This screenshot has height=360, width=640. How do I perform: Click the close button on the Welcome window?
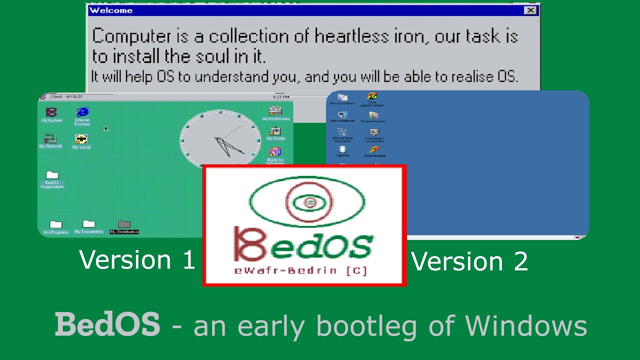point(530,10)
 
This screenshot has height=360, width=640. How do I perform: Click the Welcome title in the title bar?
point(110,10)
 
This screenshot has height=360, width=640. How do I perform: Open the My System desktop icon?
point(51,113)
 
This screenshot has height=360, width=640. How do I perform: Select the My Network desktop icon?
point(50,139)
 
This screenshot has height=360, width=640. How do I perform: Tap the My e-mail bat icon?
point(81,139)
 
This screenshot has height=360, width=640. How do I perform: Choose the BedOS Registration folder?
point(52,175)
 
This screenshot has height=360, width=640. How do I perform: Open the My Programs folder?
point(55,225)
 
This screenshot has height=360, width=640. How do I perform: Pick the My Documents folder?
point(88,224)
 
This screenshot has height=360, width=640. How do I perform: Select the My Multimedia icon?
point(275,111)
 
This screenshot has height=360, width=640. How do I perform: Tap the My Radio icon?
point(275,132)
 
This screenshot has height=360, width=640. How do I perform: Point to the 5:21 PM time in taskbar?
point(280,96)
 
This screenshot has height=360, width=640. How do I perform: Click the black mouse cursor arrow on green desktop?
point(105,128)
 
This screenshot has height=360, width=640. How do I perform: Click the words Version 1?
point(136,260)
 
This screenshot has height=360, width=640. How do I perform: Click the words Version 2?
point(469,261)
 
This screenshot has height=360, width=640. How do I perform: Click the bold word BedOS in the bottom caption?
point(107,324)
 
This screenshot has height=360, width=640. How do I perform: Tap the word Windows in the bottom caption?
point(526,325)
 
